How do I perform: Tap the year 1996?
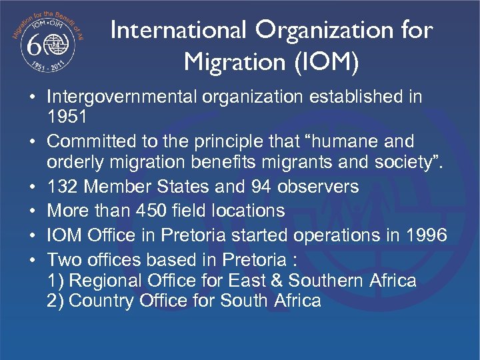click(425, 235)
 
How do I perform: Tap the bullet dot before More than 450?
click(32, 211)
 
